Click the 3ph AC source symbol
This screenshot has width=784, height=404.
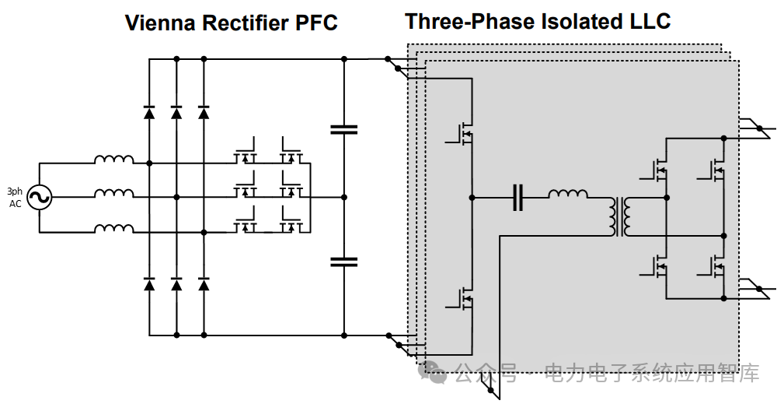pos(39,197)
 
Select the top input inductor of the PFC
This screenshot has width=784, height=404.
pos(114,160)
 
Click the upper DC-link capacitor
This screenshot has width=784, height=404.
pos(344,130)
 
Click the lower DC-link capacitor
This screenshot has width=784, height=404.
pos(344,262)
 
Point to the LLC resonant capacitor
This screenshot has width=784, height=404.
pos(517,198)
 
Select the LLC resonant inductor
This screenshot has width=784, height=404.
pos(569,194)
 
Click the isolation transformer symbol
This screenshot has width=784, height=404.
pos(620,216)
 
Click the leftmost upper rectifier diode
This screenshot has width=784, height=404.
pos(149,112)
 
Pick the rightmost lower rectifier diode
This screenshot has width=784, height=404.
pos(204,284)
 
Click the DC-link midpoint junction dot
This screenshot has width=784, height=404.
pos(344,198)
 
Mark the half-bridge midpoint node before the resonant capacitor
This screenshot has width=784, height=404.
pos(472,198)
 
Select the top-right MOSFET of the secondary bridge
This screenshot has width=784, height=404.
pos(713,170)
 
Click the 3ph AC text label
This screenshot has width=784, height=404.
pos(15,198)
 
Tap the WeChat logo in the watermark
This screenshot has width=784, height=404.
pos(433,372)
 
